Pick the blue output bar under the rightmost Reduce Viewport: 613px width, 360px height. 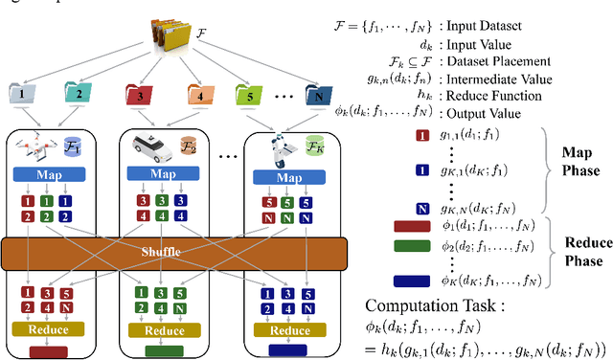point(288,350)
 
